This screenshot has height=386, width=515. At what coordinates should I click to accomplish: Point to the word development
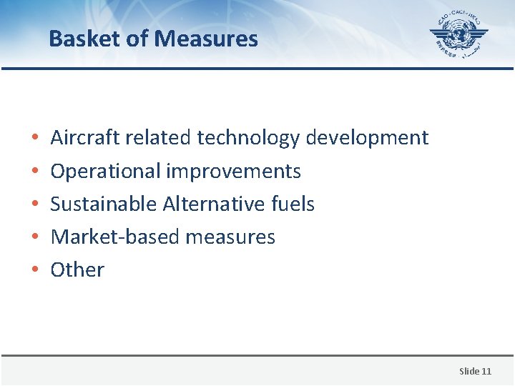[367, 138]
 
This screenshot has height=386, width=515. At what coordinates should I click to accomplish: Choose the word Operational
[105, 172]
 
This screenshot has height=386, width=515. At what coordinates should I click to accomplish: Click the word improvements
[234, 172]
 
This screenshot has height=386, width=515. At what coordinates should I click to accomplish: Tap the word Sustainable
[104, 204]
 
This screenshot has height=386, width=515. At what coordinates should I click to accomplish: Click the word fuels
[293, 204]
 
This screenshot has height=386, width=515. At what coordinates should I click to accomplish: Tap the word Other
[77, 269]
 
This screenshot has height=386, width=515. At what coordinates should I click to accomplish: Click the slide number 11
[486, 371]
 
